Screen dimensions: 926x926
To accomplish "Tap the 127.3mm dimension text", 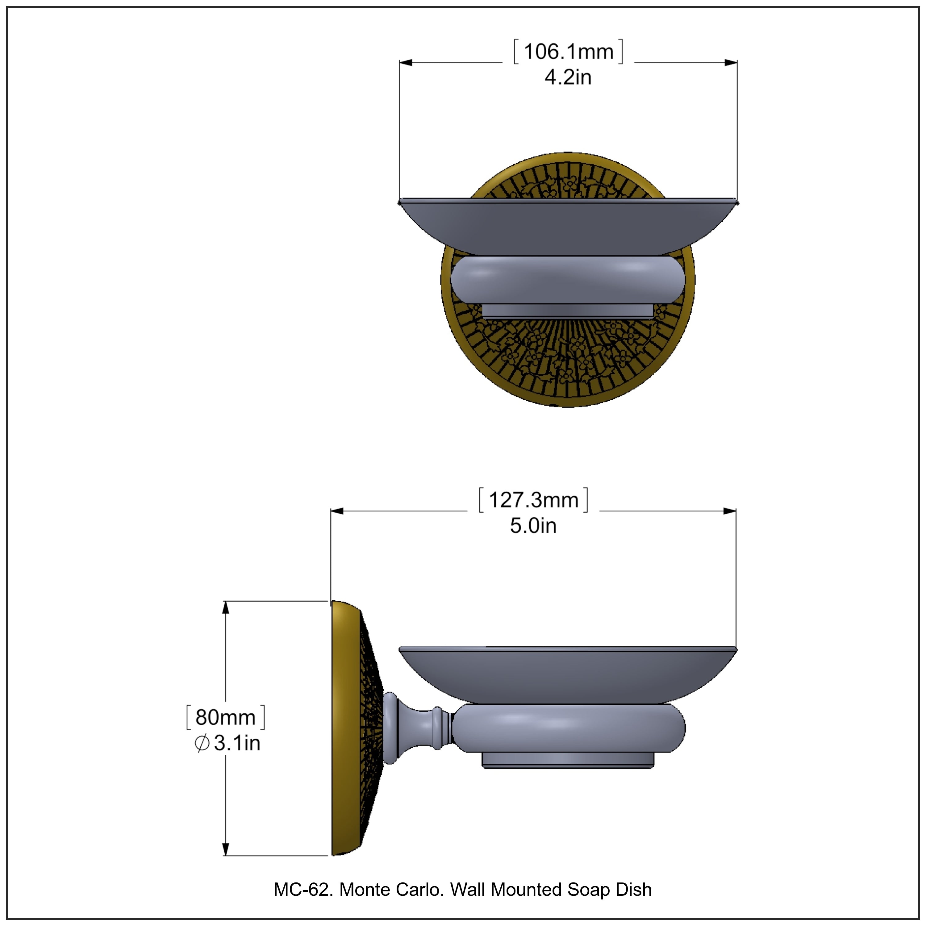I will click(x=533, y=500).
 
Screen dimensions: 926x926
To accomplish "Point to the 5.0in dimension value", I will click(x=533, y=526).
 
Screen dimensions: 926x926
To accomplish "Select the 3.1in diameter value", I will click(x=237, y=743).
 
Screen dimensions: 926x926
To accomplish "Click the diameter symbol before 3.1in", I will click(x=202, y=743).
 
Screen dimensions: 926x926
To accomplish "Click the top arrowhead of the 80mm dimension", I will click(x=226, y=607).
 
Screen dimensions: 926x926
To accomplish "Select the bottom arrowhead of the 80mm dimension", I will click(x=226, y=849).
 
